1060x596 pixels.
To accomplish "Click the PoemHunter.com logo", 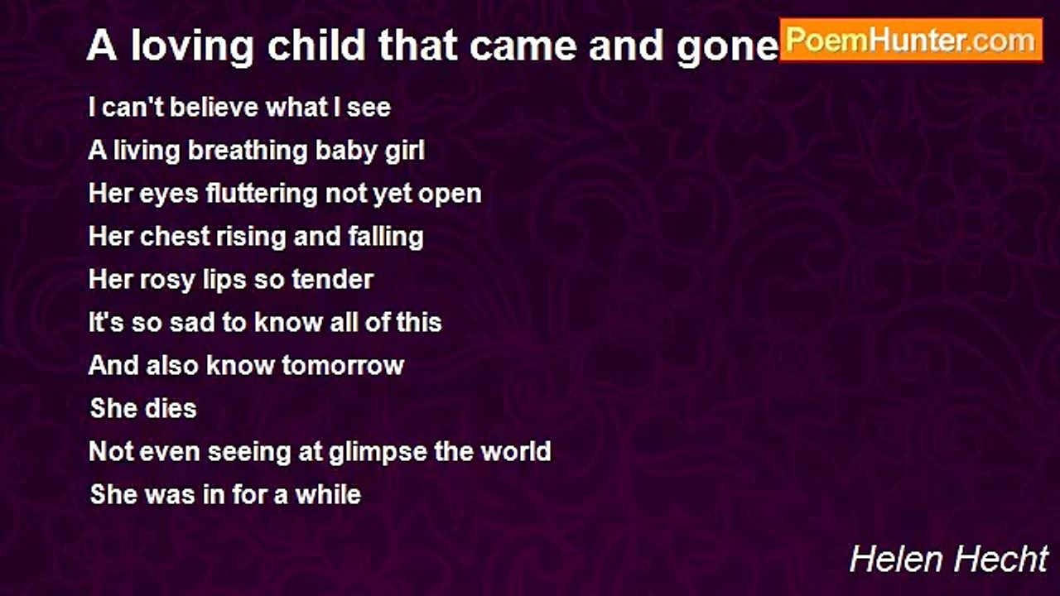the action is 911,41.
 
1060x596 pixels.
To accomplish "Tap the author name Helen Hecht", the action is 949,560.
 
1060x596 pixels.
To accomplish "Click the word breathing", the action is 248,151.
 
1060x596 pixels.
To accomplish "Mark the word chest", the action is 175,236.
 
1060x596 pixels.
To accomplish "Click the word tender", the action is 333,279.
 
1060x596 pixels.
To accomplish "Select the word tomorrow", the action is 343,366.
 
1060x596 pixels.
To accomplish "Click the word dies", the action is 170,408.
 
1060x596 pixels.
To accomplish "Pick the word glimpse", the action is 377,453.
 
